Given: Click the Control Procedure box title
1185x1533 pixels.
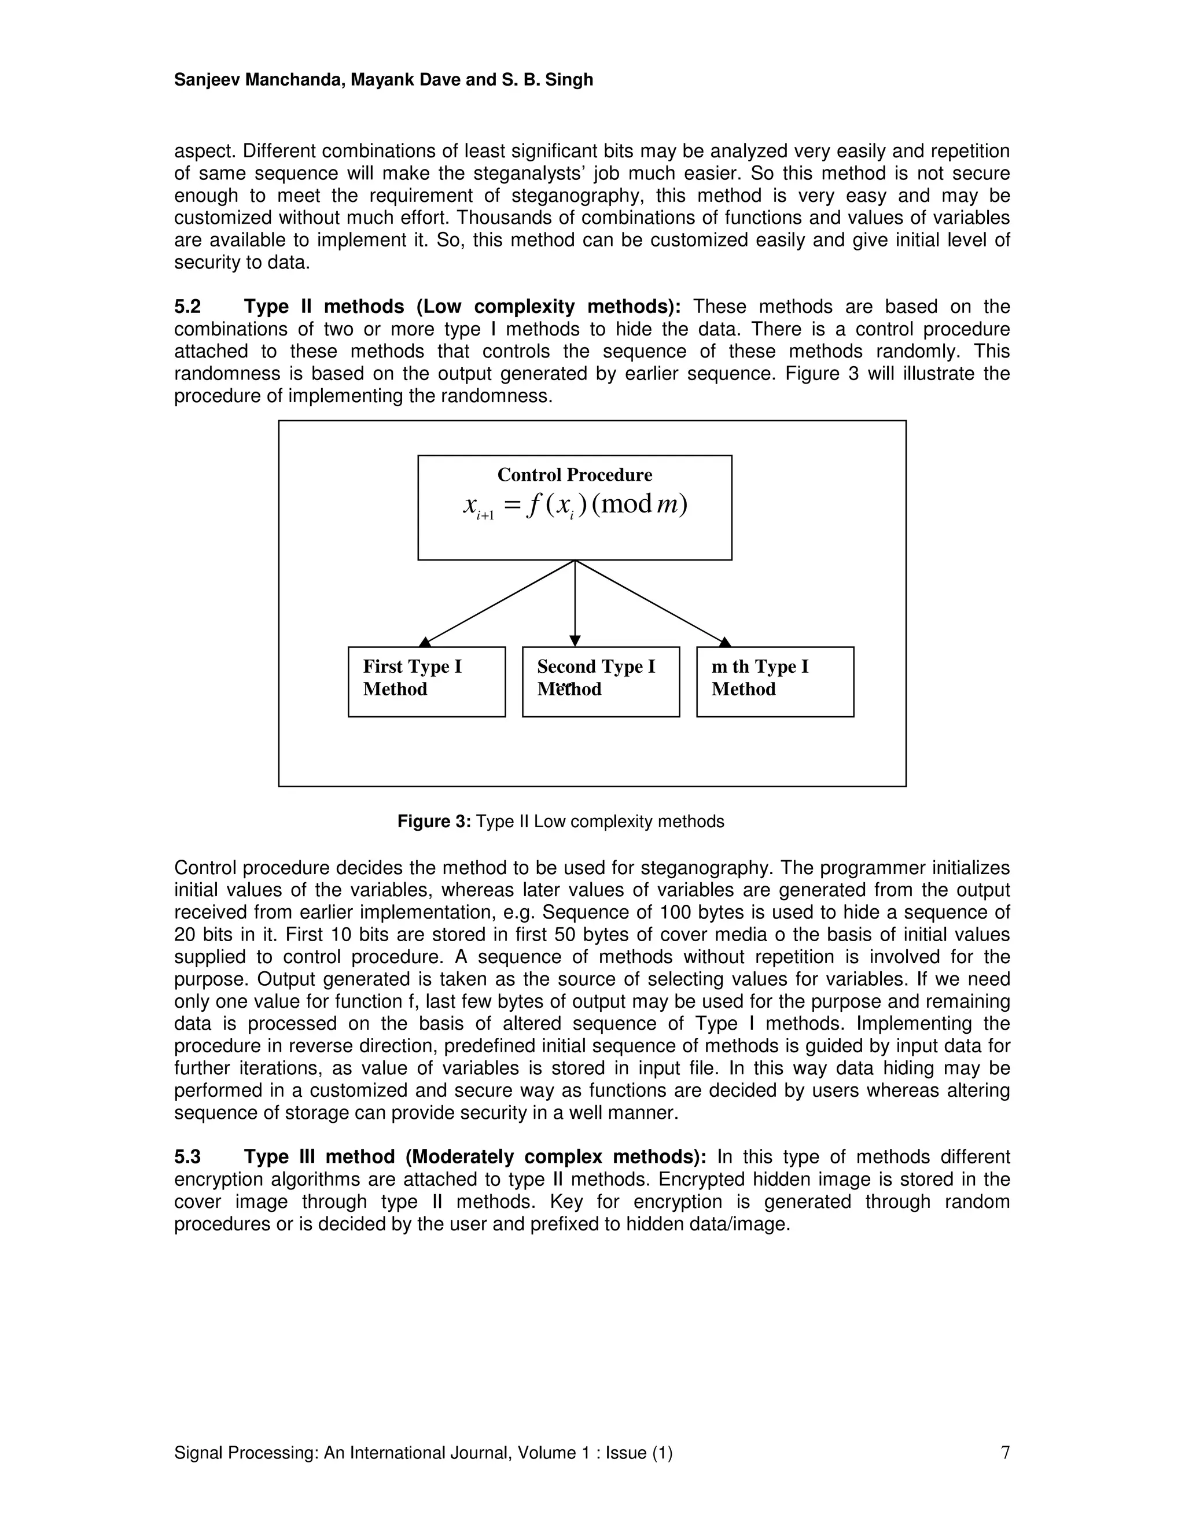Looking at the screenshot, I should [x=574, y=475].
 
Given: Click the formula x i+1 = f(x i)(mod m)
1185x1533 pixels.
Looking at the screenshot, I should [x=574, y=506].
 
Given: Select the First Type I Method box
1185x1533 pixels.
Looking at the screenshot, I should [x=426, y=681].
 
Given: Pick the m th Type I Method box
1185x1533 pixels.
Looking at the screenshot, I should [x=774, y=681].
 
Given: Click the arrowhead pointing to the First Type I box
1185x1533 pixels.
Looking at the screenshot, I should [x=425, y=642].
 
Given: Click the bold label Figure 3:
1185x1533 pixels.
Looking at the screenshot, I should [x=434, y=821].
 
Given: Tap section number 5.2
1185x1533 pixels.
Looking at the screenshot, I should [x=187, y=307].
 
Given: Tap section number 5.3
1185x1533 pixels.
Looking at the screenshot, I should [x=187, y=1157].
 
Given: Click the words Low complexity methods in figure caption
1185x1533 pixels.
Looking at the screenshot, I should [x=628, y=821].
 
